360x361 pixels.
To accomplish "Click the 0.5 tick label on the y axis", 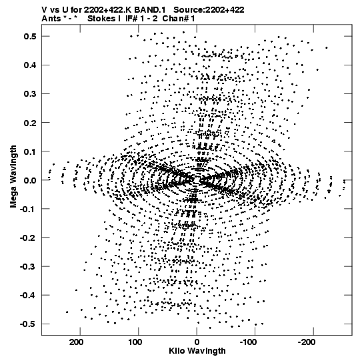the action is coord(30,37).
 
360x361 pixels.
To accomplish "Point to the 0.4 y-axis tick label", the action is coord(30,65).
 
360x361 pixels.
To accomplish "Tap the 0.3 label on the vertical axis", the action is coord(30,94).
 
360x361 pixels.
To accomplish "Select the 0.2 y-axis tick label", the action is coord(30,123).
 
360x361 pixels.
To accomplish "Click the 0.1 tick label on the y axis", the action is coord(30,151).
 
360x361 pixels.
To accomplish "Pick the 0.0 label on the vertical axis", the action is coord(30,180).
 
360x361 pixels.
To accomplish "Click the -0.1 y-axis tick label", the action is coord(28,209).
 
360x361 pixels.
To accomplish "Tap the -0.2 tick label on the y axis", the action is coord(28,238).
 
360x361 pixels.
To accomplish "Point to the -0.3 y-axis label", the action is coord(28,267).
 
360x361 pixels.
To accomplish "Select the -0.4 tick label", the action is coord(28,296).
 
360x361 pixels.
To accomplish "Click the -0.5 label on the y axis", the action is coord(28,324).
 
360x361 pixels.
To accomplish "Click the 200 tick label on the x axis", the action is coord(76,342).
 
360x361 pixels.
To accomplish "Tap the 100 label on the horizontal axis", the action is coord(135,342).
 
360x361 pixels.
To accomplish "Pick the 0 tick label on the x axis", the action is coord(197,342).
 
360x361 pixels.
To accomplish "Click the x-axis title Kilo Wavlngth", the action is coord(197,351).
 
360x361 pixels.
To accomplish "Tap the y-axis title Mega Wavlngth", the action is coord(13,177).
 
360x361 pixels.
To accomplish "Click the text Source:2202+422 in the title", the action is coord(209,10).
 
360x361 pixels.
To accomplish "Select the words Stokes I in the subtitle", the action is coord(104,19).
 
